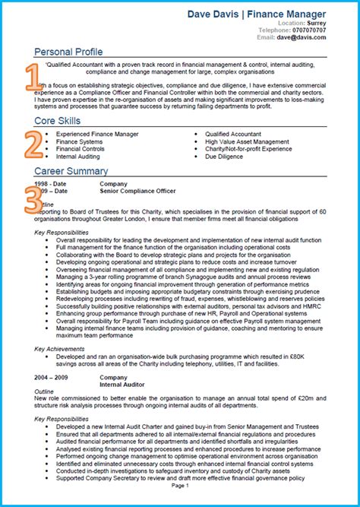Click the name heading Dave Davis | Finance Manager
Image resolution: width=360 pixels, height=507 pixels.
(x=257, y=14)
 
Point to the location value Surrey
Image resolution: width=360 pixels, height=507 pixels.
(x=315, y=23)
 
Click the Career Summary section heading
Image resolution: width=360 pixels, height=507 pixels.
(x=71, y=171)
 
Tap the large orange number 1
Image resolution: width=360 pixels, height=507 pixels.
(x=31, y=78)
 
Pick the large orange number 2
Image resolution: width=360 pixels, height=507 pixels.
(x=32, y=143)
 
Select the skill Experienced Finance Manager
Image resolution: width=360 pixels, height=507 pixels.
(x=97, y=134)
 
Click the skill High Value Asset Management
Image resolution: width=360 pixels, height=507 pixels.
(x=247, y=141)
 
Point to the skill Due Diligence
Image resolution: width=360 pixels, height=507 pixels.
(x=224, y=157)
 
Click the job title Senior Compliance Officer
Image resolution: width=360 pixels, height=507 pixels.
(x=137, y=191)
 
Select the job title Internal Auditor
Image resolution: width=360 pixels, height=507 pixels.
(x=122, y=383)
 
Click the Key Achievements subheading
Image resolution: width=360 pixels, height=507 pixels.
(x=59, y=349)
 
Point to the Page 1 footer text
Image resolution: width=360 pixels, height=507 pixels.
(x=180, y=484)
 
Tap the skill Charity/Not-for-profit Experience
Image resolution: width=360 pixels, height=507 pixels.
(x=248, y=149)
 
